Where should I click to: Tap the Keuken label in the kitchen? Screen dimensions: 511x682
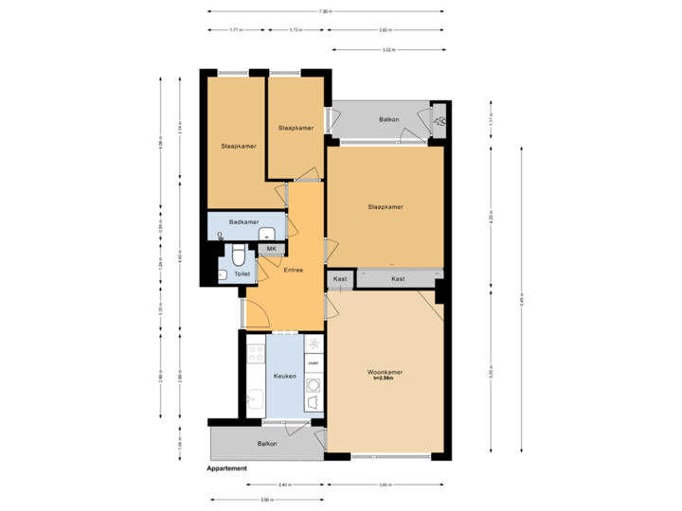coord(285,377)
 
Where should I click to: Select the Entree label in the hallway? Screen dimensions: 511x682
coord(293,271)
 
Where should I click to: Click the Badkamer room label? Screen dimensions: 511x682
coord(243,221)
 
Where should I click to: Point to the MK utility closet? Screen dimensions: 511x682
coord(271,249)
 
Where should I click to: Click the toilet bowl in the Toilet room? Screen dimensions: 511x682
coord(239,255)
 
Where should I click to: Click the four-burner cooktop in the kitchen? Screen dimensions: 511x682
coord(255,354)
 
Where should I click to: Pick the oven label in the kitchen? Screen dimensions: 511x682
coord(313,362)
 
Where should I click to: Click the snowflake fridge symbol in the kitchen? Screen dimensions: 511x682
coord(313,342)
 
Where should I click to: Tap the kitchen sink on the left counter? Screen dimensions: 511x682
coord(255,398)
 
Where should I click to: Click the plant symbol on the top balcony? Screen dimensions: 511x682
coord(440,121)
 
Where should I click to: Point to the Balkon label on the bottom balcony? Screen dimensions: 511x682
coord(267,443)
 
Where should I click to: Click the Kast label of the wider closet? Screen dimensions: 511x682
coord(398,278)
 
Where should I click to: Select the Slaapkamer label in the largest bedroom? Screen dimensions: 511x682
coord(386,207)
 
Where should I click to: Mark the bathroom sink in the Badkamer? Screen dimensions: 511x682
coord(267,234)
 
